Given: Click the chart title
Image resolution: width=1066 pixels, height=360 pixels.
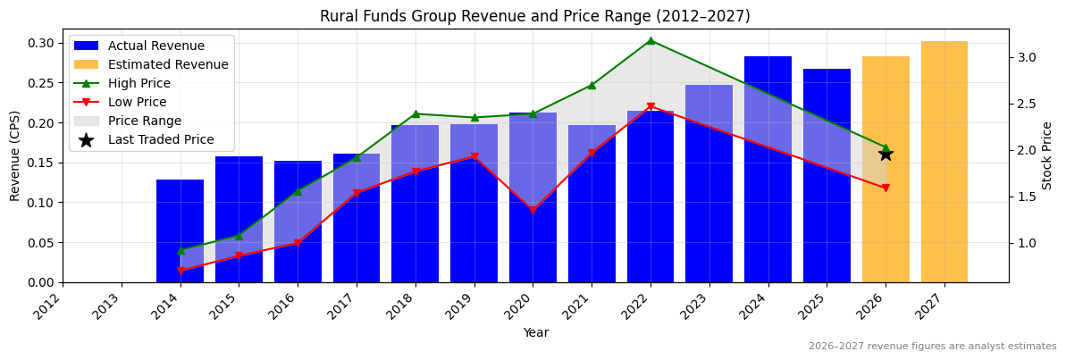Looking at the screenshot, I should [x=534, y=16].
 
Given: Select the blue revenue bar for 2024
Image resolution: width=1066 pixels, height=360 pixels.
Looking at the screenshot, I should [x=768, y=170].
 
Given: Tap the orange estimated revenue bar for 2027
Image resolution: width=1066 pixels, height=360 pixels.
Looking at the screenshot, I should [x=944, y=162].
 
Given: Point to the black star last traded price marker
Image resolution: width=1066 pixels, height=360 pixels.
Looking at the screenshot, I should [x=886, y=154].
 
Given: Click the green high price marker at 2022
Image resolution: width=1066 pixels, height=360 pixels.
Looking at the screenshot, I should [x=651, y=40].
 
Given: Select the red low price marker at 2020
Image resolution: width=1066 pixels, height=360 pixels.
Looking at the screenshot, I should [x=533, y=211].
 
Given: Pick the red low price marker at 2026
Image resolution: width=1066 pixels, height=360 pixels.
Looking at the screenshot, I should [x=886, y=188].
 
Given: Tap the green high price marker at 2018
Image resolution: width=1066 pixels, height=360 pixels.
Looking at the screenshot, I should [x=415, y=113].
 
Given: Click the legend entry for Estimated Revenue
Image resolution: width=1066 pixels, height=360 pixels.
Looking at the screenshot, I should [x=168, y=64].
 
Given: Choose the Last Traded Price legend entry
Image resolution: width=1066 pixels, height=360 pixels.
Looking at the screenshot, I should [x=161, y=139].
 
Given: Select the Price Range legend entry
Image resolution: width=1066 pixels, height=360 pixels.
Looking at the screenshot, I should [x=145, y=121].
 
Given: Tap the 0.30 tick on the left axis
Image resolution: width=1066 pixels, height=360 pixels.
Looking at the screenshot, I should [x=40, y=43].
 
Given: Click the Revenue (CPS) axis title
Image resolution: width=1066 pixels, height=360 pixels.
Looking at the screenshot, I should [x=15, y=155].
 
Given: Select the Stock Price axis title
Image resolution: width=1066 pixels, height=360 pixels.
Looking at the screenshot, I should [x=1047, y=155].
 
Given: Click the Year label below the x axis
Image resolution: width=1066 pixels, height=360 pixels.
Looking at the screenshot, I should [x=535, y=332].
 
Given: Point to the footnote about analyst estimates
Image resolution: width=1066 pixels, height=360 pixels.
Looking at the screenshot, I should [x=932, y=347].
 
